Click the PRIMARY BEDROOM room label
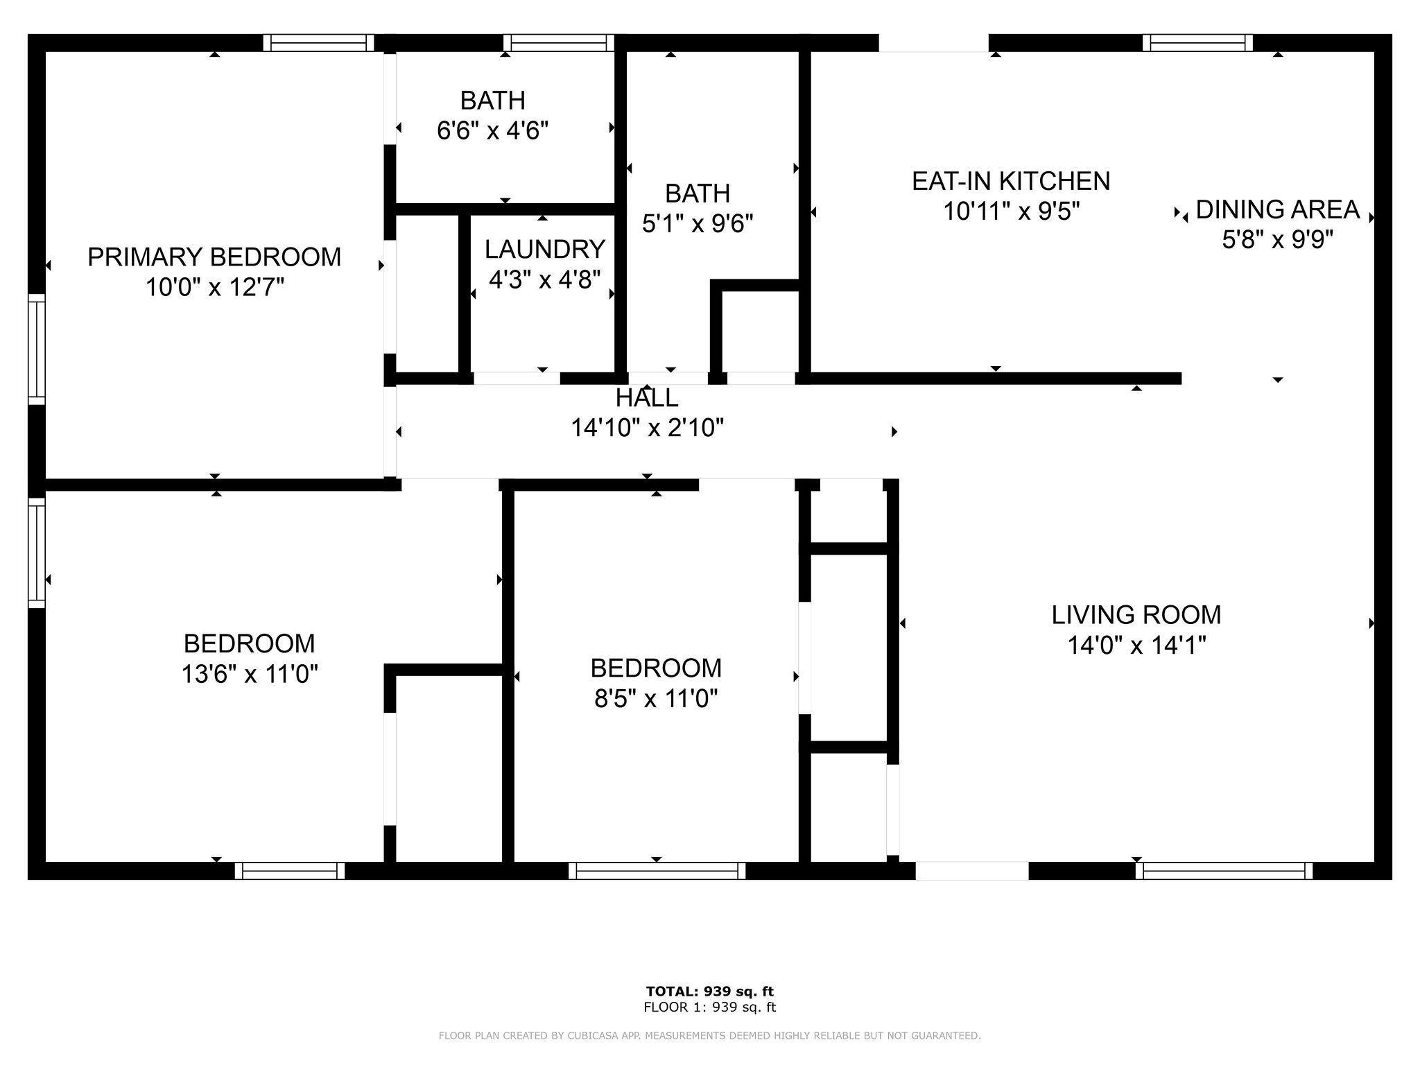coord(214,257)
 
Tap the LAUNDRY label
coord(544,249)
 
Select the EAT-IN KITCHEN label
coord(1011,181)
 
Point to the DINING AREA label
coord(1278,209)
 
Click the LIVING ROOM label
coord(1136,615)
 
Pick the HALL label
coord(647,398)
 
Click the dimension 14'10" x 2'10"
coord(647,428)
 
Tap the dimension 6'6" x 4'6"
coord(492,130)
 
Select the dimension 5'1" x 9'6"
coord(698,223)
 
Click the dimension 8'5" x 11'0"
coord(656,698)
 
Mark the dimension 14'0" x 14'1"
coord(1136,646)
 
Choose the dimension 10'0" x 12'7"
coord(215,287)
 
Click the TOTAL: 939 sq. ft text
coord(709,992)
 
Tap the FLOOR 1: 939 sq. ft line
coord(709,1007)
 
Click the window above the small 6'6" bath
coord(559,43)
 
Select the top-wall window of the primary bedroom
coord(319,43)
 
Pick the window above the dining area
coord(1197,43)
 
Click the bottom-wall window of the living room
coord(1224,871)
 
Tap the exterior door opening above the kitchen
coord(933,43)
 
